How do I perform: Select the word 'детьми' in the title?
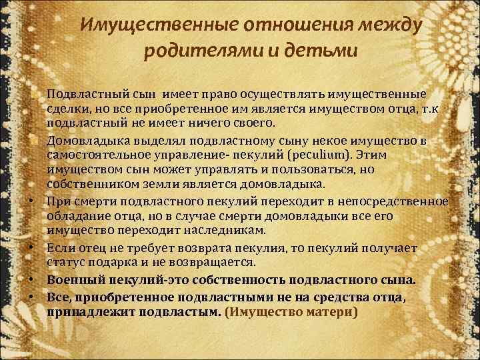tap(324, 50)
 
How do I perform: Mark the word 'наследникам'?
tap(227, 230)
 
